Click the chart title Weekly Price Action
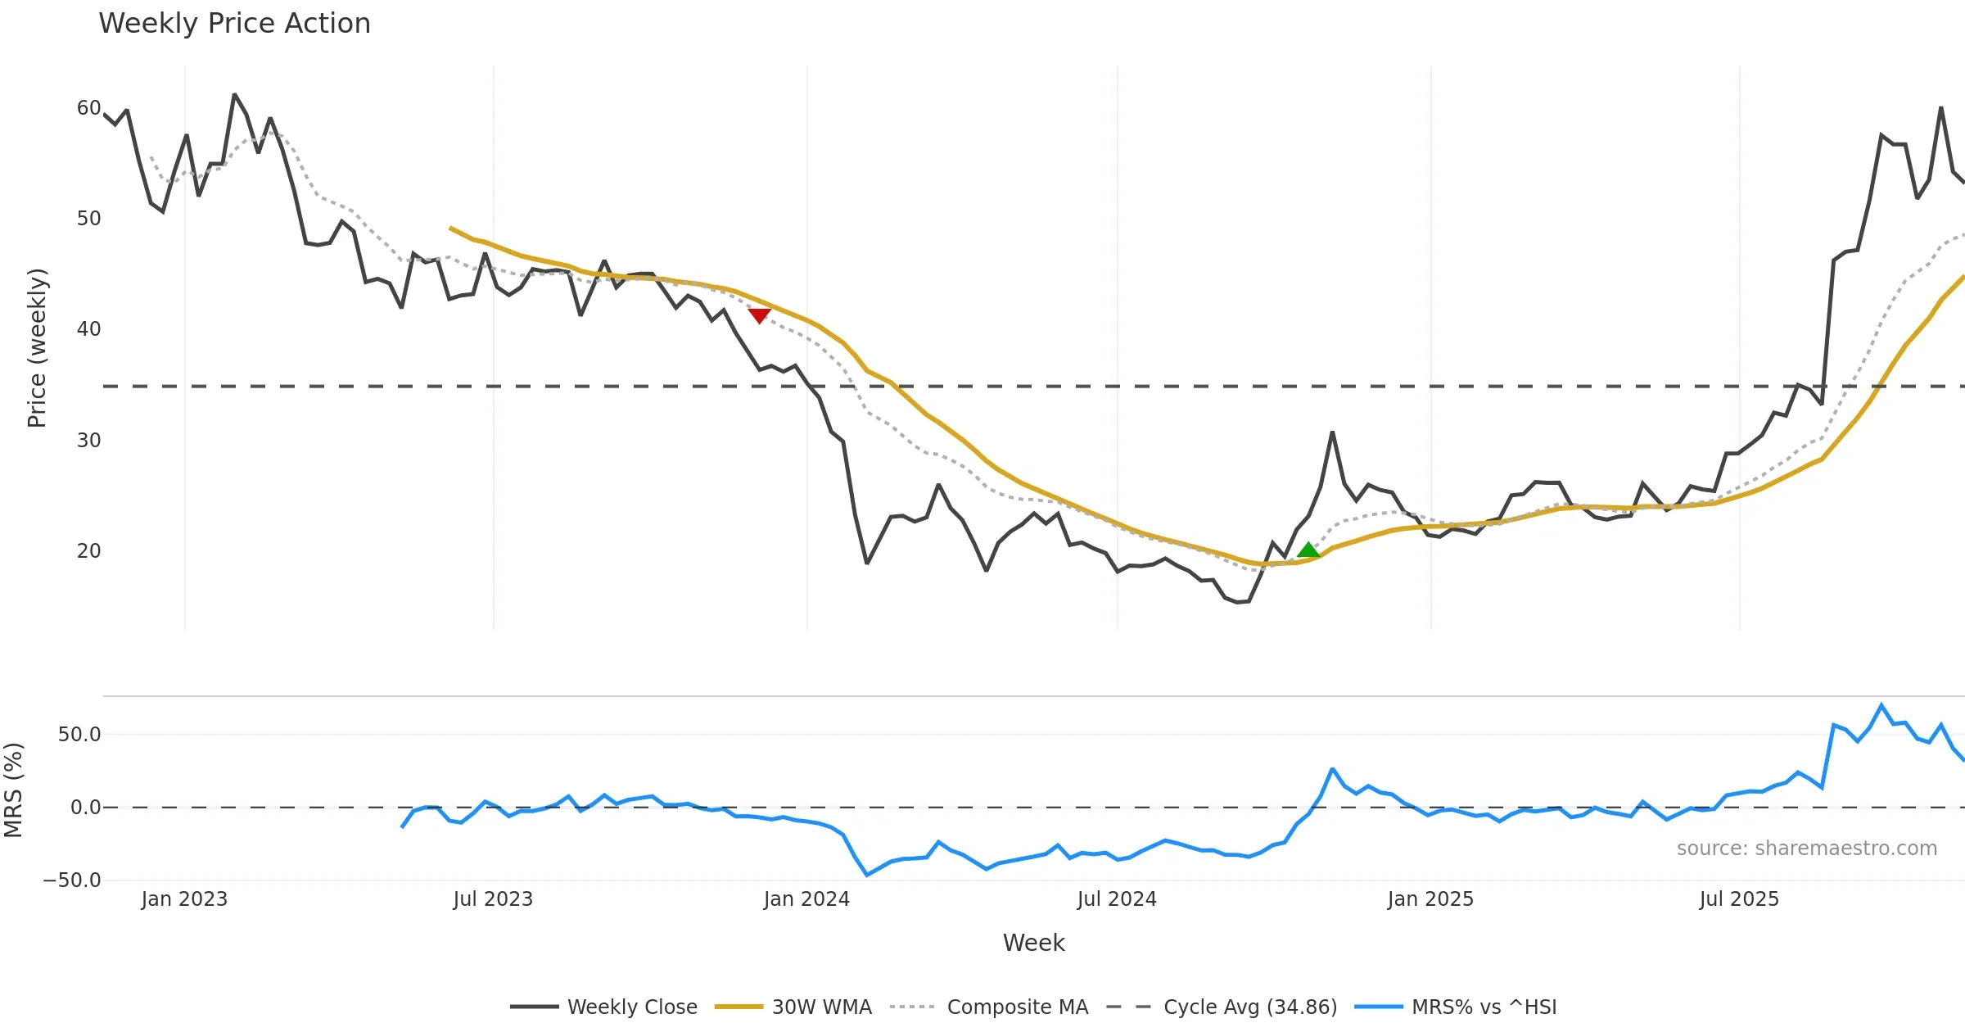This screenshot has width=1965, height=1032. point(234,24)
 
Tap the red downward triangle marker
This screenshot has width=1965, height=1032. point(759,315)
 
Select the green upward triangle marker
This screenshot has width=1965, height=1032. point(1308,550)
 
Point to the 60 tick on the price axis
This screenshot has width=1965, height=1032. point(88,108)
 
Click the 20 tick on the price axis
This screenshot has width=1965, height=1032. point(88,551)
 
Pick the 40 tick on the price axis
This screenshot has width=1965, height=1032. point(88,329)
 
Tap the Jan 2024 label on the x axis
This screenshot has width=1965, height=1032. point(806,899)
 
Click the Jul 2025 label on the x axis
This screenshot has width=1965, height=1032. point(1739,899)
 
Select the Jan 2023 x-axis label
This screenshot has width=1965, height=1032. point(184,899)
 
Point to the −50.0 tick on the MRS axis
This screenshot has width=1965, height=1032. point(72,880)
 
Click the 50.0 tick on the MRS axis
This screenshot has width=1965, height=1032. point(79,735)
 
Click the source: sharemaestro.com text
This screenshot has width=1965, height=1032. point(1806,849)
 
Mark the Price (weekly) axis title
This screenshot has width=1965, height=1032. point(37,348)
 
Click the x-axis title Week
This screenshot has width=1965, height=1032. point(1033,944)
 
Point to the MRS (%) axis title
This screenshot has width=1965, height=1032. point(14,790)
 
